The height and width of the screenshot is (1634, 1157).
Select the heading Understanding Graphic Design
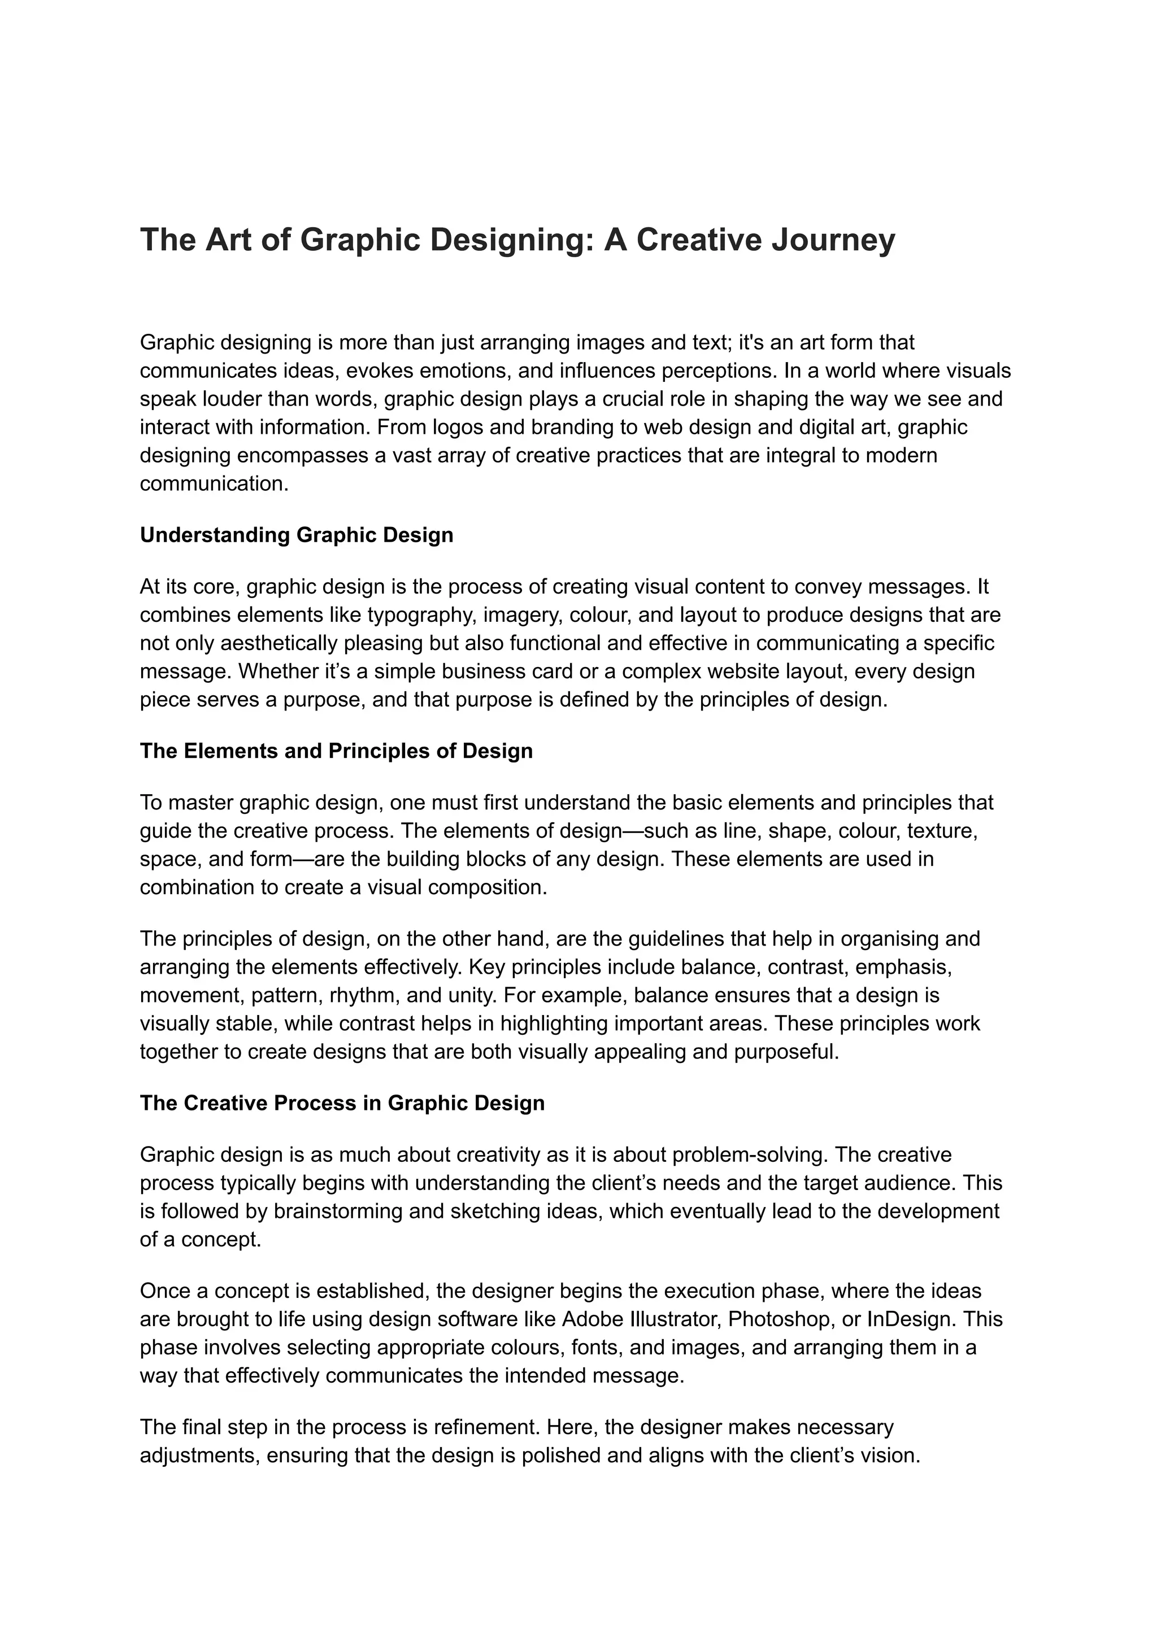pyautogui.click(x=297, y=535)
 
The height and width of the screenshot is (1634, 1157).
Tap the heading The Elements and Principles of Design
pyautogui.click(x=336, y=751)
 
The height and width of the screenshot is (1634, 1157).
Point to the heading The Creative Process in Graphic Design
pyautogui.click(x=342, y=1103)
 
